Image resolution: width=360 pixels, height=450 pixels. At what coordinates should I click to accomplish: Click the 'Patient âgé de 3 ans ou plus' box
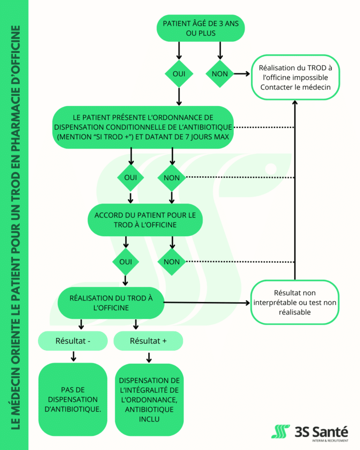tap(201, 28)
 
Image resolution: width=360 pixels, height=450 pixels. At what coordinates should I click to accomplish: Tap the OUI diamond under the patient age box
tap(179, 74)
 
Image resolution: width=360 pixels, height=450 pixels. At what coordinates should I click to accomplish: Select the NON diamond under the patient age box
tap(220, 74)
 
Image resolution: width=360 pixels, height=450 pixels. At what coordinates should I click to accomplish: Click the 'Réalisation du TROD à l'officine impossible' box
tap(295, 77)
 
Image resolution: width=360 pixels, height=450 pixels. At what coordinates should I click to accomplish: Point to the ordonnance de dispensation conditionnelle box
tap(142, 127)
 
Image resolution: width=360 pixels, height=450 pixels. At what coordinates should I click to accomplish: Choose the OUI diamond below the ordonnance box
tap(131, 178)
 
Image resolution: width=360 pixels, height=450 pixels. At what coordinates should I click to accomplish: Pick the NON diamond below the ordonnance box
tap(172, 178)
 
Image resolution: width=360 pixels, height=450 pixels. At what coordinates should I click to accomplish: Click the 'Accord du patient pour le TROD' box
tap(145, 220)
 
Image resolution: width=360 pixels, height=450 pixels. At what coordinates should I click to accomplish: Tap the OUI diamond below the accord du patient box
tap(126, 262)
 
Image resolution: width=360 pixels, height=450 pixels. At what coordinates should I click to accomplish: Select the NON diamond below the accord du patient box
tap(172, 262)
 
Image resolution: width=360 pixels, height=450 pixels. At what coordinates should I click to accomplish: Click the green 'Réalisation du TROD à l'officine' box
tap(111, 303)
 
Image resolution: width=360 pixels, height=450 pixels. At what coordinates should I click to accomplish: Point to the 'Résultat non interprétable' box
tap(295, 302)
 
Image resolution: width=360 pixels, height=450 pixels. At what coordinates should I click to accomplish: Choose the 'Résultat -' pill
tap(73, 341)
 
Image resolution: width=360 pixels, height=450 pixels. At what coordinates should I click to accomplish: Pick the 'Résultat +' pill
tap(148, 341)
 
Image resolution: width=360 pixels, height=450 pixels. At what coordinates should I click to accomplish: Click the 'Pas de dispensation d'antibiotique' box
tap(73, 399)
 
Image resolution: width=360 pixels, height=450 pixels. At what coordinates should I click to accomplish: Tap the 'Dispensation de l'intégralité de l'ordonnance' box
tap(149, 400)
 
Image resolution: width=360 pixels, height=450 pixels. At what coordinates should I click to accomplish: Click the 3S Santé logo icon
tap(280, 431)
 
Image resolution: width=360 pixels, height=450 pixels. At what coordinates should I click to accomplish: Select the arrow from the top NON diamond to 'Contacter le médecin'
tap(242, 74)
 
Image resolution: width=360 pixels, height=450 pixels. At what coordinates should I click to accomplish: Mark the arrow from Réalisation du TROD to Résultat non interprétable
tap(207, 302)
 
